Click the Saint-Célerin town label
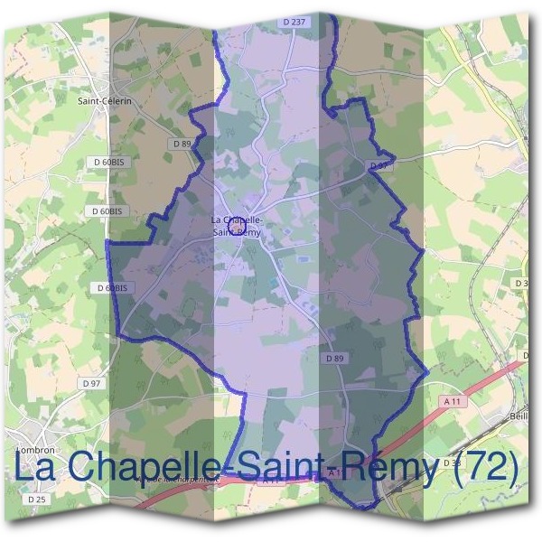(x=106, y=101)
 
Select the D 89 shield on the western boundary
(x=182, y=144)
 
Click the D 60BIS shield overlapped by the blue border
(x=114, y=287)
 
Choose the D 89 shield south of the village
(x=335, y=359)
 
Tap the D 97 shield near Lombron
(x=90, y=383)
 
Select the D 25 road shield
(x=36, y=498)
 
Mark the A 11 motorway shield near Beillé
(x=452, y=400)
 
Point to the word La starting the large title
(x=37, y=467)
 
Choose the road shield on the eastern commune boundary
(x=380, y=166)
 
